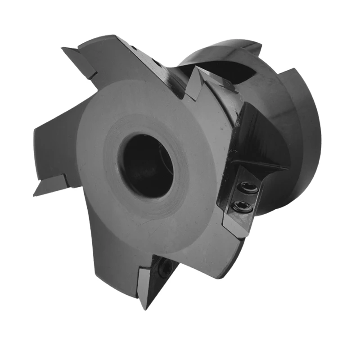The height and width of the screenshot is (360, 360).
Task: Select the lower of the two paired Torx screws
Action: click(x=238, y=206)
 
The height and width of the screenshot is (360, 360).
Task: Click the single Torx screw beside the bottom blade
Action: click(x=167, y=269)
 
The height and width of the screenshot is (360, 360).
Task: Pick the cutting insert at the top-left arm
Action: click(x=81, y=61)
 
